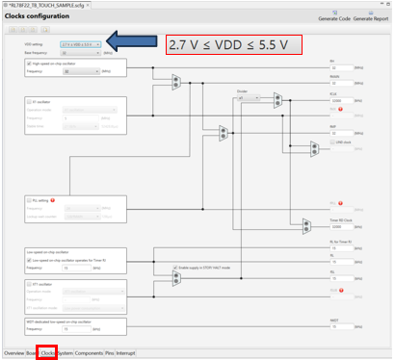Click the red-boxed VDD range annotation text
[x=234, y=45]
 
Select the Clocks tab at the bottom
[x=47, y=352]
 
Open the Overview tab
[x=13, y=352]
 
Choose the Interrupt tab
[x=125, y=352]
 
